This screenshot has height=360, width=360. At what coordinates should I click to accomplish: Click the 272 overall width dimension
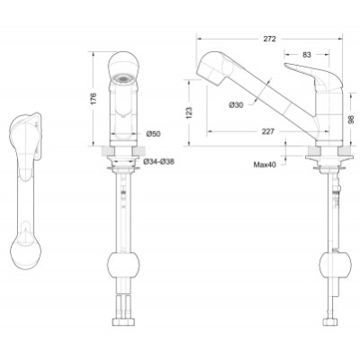tap(269, 39)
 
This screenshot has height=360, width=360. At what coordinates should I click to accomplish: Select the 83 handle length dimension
tap(307, 55)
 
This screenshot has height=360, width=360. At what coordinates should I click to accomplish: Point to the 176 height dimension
tap(94, 99)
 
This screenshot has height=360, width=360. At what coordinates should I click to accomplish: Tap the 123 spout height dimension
tap(189, 112)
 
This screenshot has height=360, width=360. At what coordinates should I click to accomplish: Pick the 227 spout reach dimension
tap(268, 131)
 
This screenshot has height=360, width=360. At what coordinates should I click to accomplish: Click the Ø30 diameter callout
tap(236, 104)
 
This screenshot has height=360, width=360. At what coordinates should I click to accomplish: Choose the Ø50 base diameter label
tap(153, 134)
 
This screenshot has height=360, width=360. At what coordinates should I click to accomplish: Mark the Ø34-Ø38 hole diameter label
tap(159, 162)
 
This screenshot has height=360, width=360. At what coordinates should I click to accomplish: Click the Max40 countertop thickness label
tap(265, 165)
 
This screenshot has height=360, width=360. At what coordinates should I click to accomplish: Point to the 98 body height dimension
tap(351, 119)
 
